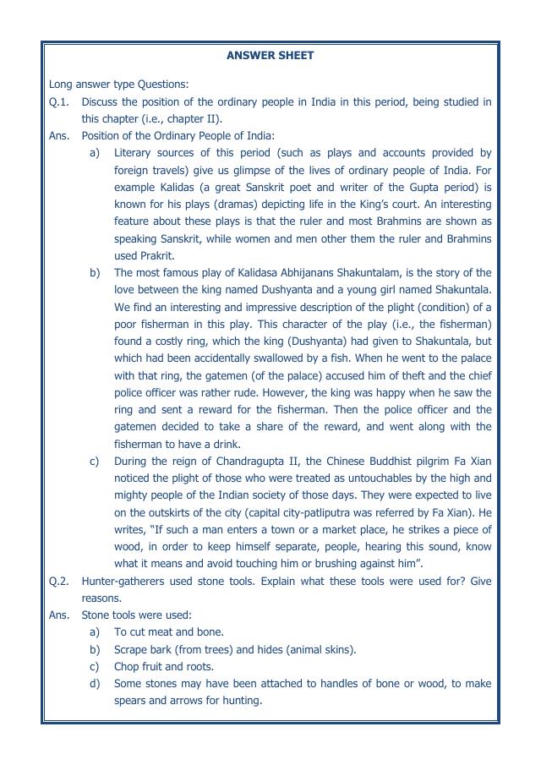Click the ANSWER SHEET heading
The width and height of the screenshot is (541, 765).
click(270, 56)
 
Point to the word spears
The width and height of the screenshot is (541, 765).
click(131, 701)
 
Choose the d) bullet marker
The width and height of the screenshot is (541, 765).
click(95, 683)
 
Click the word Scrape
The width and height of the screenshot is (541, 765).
click(133, 649)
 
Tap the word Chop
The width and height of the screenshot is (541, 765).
click(128, 666)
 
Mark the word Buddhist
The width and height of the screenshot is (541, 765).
click(399, 461)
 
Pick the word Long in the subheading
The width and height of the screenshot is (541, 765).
click(62, 84)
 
